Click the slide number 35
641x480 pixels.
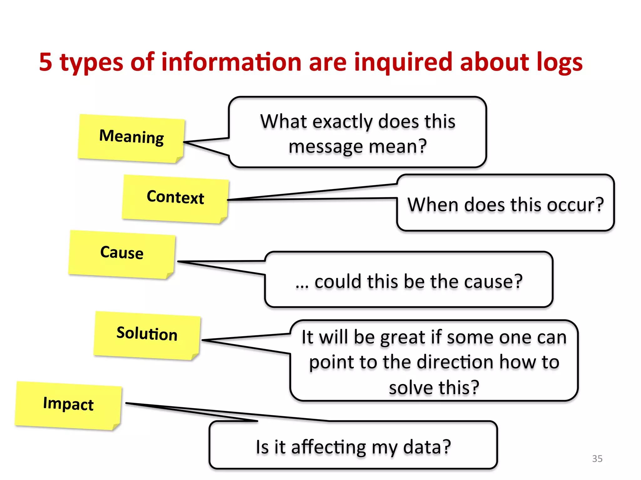[597, 458]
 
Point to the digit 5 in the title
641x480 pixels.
[46, 62]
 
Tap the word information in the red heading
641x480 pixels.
[231, 62]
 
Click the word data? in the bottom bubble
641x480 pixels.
[427, 447]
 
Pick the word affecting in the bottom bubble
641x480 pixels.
[329, 447]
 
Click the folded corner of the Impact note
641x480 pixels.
[116, 426]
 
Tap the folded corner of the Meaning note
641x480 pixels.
[179, 159]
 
